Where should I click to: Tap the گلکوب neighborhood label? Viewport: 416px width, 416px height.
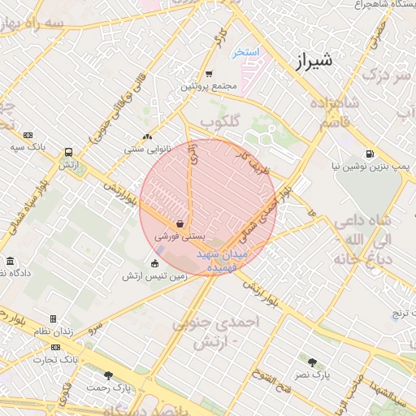click(x=221, y=122)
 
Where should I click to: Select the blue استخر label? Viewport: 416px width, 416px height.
click(x=245, y=52)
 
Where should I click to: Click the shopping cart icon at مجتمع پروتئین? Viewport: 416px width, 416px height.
click(x=209, y=73)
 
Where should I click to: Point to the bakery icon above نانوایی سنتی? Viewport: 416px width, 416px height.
click(x=147, y=137)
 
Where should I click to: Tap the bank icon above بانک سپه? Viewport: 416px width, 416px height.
click(x=29, y=135)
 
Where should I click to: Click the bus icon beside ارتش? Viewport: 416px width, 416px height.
click(x=68, y=152)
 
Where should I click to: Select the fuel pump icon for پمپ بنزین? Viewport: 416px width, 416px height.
click(x=370, y=154)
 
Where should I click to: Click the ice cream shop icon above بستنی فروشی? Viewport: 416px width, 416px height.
click(x=180, y=223)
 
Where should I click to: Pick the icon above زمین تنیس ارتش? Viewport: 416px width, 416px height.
click(x=155, y=262)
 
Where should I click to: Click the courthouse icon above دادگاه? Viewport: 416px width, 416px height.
click(x=10, y=262)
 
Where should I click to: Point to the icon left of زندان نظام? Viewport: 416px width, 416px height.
click(x=54, y=319)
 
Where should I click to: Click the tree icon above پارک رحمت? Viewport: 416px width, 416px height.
click(x=109, y=375)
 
